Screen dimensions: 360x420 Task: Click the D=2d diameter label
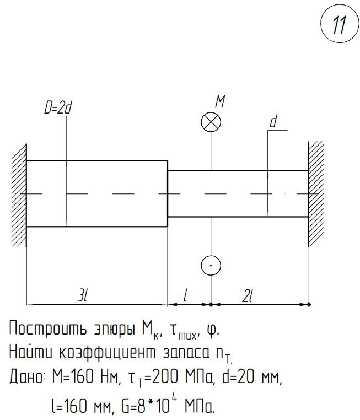click(58, 108)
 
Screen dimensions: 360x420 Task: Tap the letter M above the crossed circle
click(220, 101)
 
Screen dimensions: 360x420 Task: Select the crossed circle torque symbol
click(211, 122)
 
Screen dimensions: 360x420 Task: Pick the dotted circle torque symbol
click(211, 265)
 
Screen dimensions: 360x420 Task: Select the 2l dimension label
click(248, 295)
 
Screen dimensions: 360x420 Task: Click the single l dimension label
click(186, 295)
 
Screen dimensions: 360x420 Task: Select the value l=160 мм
click(80, 407)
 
